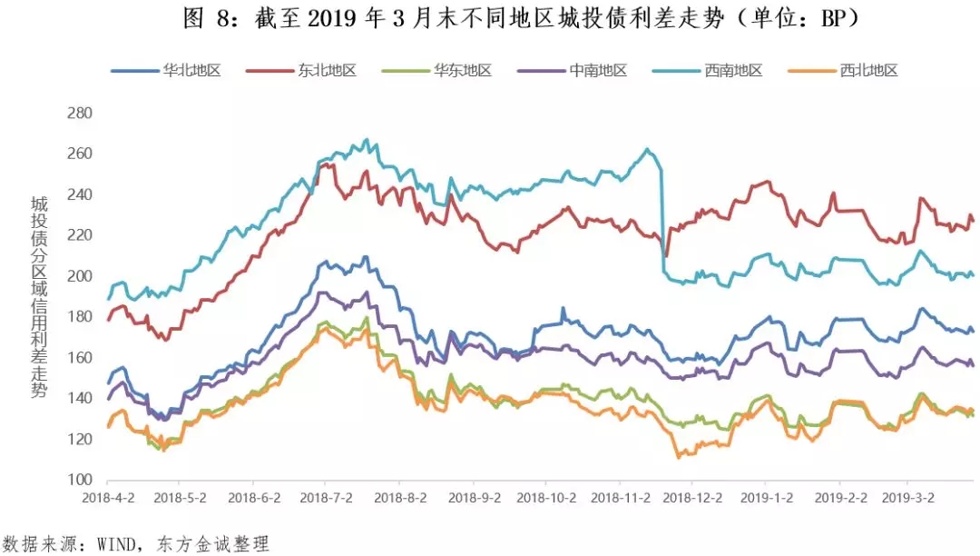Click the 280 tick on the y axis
[x=81, y=114]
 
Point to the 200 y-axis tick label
[x=81, y=276]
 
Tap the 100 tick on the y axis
[x=81, y=480]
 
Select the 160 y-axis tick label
[x=81, y=358]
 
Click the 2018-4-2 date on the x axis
[x=107, y=499]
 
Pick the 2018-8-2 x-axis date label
[x=401, y=499]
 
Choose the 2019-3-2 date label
[x=910, y=499]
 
